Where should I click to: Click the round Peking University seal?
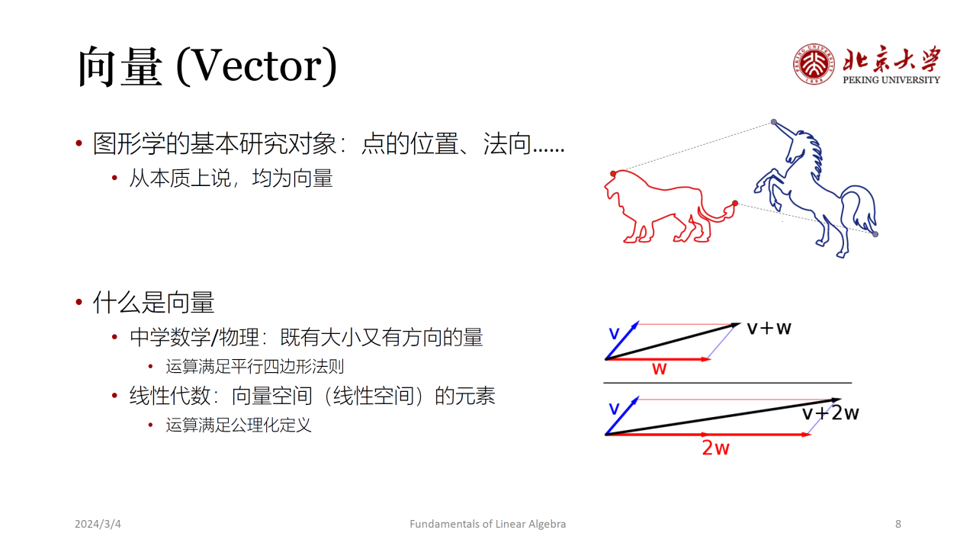tap(814, 64)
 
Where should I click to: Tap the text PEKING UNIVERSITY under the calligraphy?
tap(891, 80)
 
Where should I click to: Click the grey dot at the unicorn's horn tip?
tap(774, 122)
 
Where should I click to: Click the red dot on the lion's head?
tap(613, 174)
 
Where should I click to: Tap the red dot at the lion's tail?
tap(735, 203)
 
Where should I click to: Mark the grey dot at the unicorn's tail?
tap(875, 234)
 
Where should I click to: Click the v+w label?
tap(769, 328)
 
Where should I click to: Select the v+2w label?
tap(830, 413)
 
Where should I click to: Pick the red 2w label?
tap(715, 448)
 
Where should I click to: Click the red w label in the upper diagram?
tap(660, 369)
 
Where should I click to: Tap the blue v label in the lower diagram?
tap(614, 409)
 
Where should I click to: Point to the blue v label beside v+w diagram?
tap(614, 334)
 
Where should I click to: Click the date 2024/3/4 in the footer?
tap(98, 524)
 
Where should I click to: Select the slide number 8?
tap(898, 524)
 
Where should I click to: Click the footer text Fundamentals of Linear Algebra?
tap(487, 524)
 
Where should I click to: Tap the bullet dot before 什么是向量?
tap(79, 302)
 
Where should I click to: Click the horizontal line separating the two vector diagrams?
tap(727, 383)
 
